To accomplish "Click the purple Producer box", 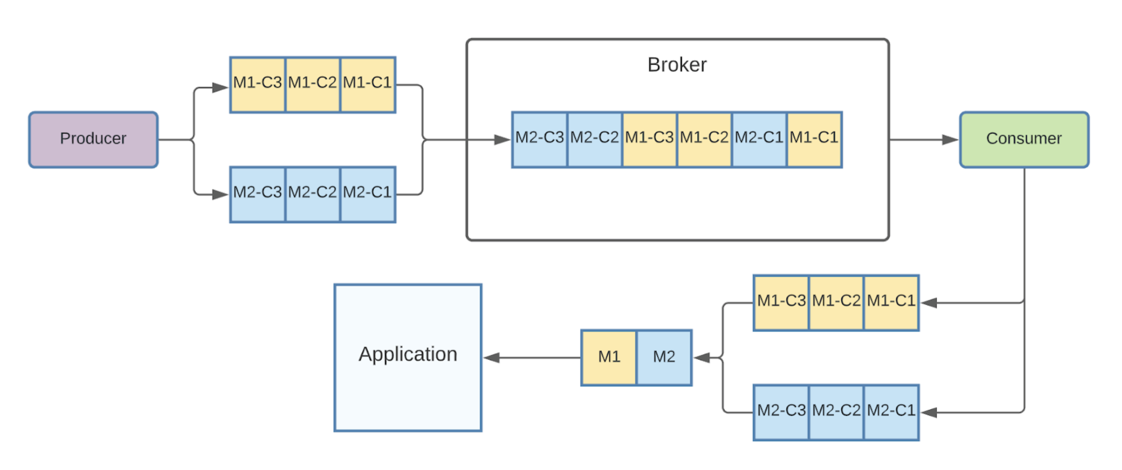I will coord(93,139).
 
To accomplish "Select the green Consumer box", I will coord(1024,139).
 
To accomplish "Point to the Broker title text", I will coord(677,65).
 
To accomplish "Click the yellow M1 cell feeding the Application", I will coord(609,357).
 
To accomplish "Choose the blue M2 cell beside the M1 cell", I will coord(664,357).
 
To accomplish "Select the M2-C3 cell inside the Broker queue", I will coord(539,139).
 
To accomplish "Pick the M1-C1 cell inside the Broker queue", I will coord(814,139).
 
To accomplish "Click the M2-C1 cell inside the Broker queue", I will coord(759,139).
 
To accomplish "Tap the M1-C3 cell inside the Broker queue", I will coord(649,139).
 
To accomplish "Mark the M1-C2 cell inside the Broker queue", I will coord(704,139).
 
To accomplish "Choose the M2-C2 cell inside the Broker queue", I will coord(594,139).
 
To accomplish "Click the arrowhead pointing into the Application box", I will coord(491,358).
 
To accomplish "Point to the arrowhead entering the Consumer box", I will coord(950,140).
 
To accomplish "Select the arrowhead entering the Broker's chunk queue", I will coord(503,140).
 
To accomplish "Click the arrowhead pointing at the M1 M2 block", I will coord(701,358).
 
